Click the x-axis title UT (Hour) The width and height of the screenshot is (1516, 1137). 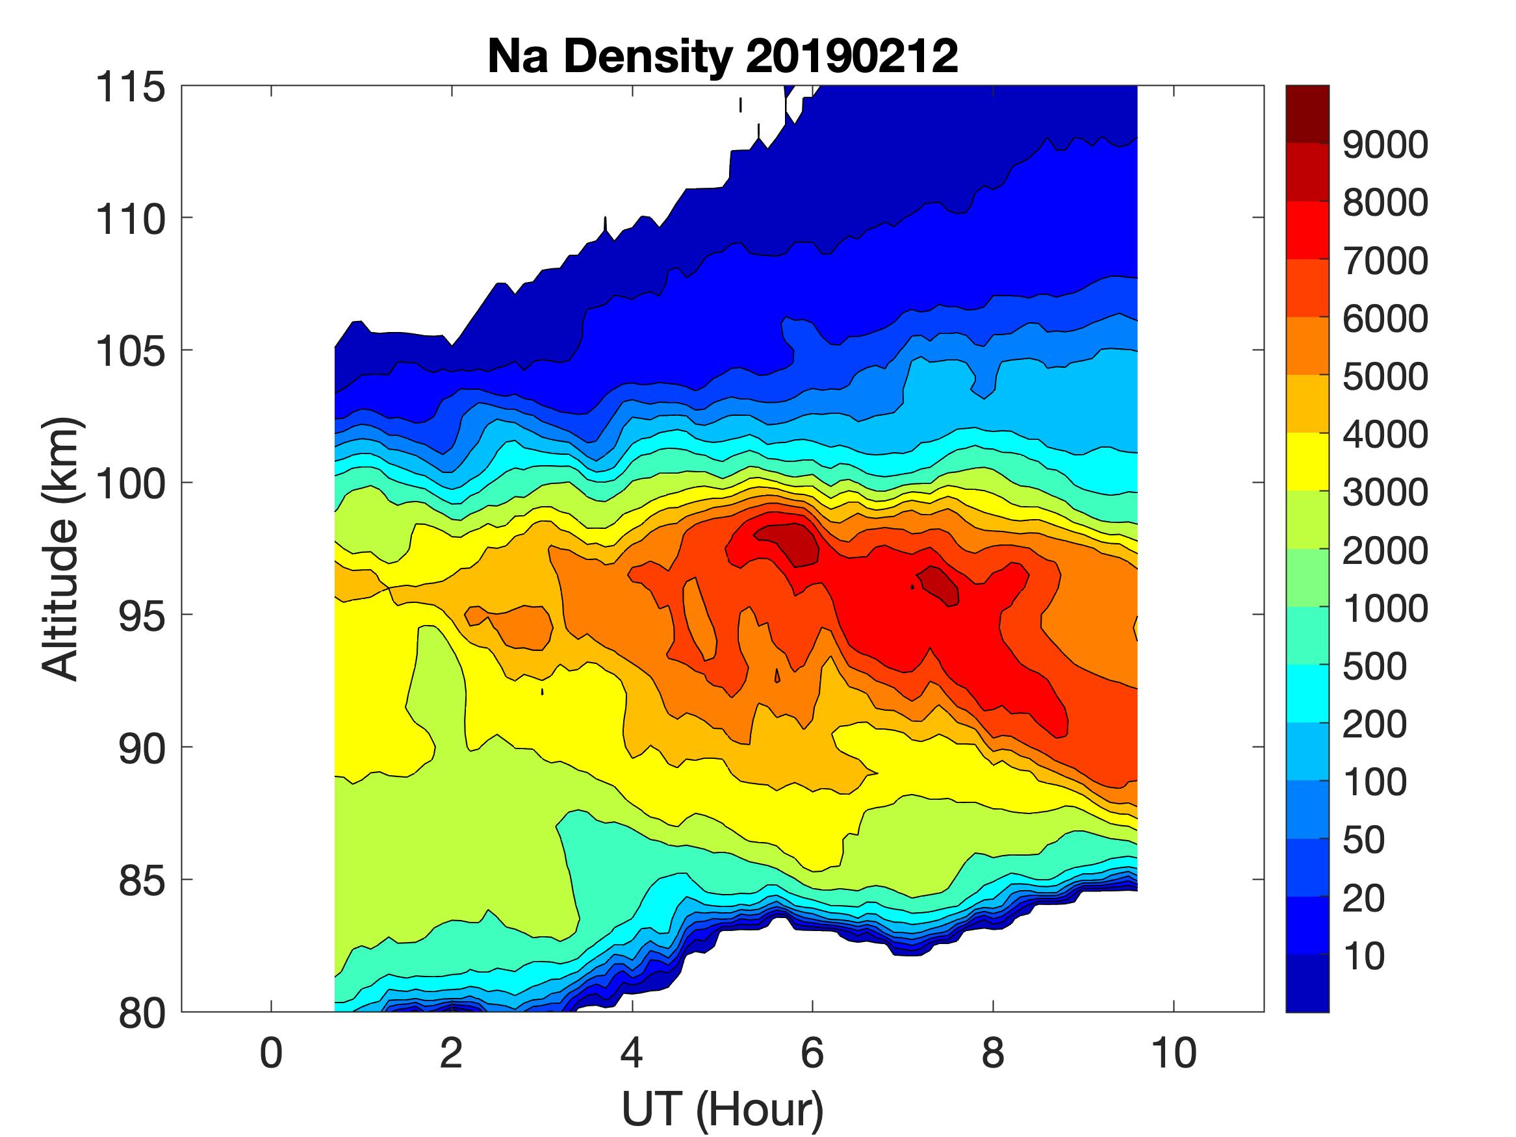[723, 1109]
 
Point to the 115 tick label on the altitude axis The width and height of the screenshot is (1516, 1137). [130, 88]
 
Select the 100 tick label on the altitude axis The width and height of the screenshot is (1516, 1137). [130, 484]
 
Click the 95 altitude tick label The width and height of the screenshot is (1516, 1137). [142, 616]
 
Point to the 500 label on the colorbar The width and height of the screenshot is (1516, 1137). [1374, 665]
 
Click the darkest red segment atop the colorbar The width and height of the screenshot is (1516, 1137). [1307, 114]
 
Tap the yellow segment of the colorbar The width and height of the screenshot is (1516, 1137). [1307, 461]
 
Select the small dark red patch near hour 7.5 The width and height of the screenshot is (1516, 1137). [940, 586]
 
